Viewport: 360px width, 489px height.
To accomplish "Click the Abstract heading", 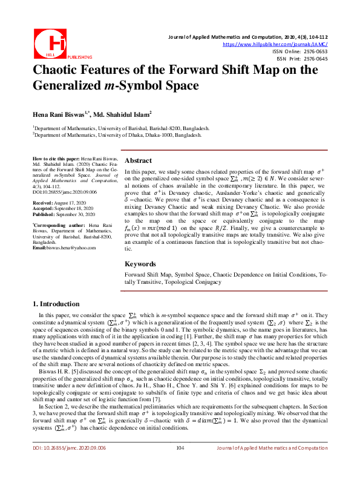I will coord(138,162).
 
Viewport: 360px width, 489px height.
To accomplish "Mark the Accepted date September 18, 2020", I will coord(75,208).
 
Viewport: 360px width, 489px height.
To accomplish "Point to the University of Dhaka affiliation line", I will coord(117,136).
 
